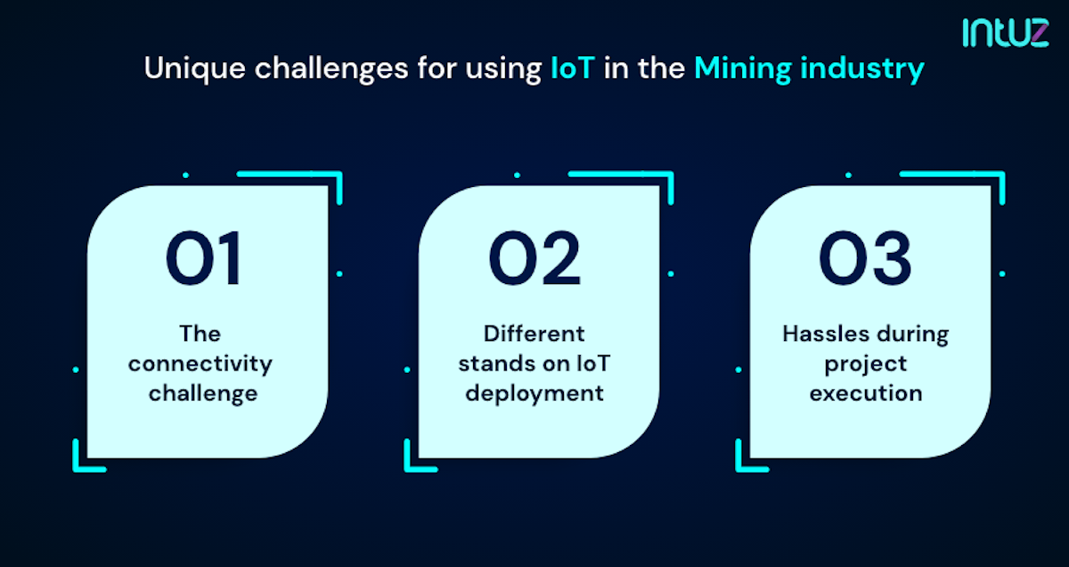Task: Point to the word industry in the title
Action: point(863,69)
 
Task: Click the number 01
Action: point(203,258)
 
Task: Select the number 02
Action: point(534,258)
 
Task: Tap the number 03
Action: point(865,258)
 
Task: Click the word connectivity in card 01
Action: point(203,363)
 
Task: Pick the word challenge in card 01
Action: point(203,393)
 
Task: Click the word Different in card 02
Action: point(534,334)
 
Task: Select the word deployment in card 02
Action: point(534,393)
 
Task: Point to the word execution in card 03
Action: point(865,393)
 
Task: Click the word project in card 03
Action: point(865,363)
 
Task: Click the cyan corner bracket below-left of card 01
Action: point(85,458)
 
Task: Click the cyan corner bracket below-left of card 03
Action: point(747,458)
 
